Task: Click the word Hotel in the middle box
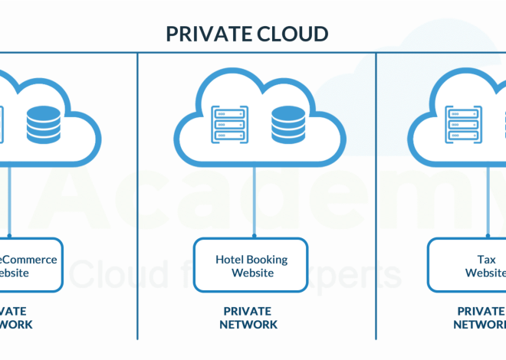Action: (230, 259)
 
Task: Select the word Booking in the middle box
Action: (268, 259)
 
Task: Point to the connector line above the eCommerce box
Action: (9, 199)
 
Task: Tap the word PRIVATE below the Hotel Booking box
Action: (248, 311)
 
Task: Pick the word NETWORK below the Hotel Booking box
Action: (248, 324)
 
